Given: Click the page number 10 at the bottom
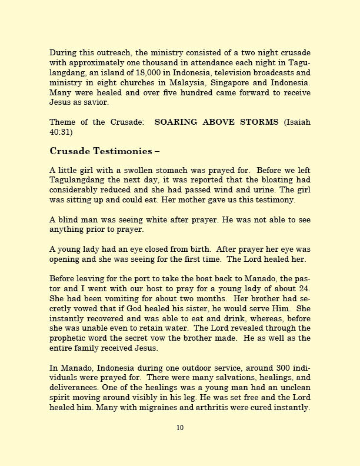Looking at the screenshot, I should [180, 428].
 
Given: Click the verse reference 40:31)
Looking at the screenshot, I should [61, 132].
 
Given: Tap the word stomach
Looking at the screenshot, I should [162, 171].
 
